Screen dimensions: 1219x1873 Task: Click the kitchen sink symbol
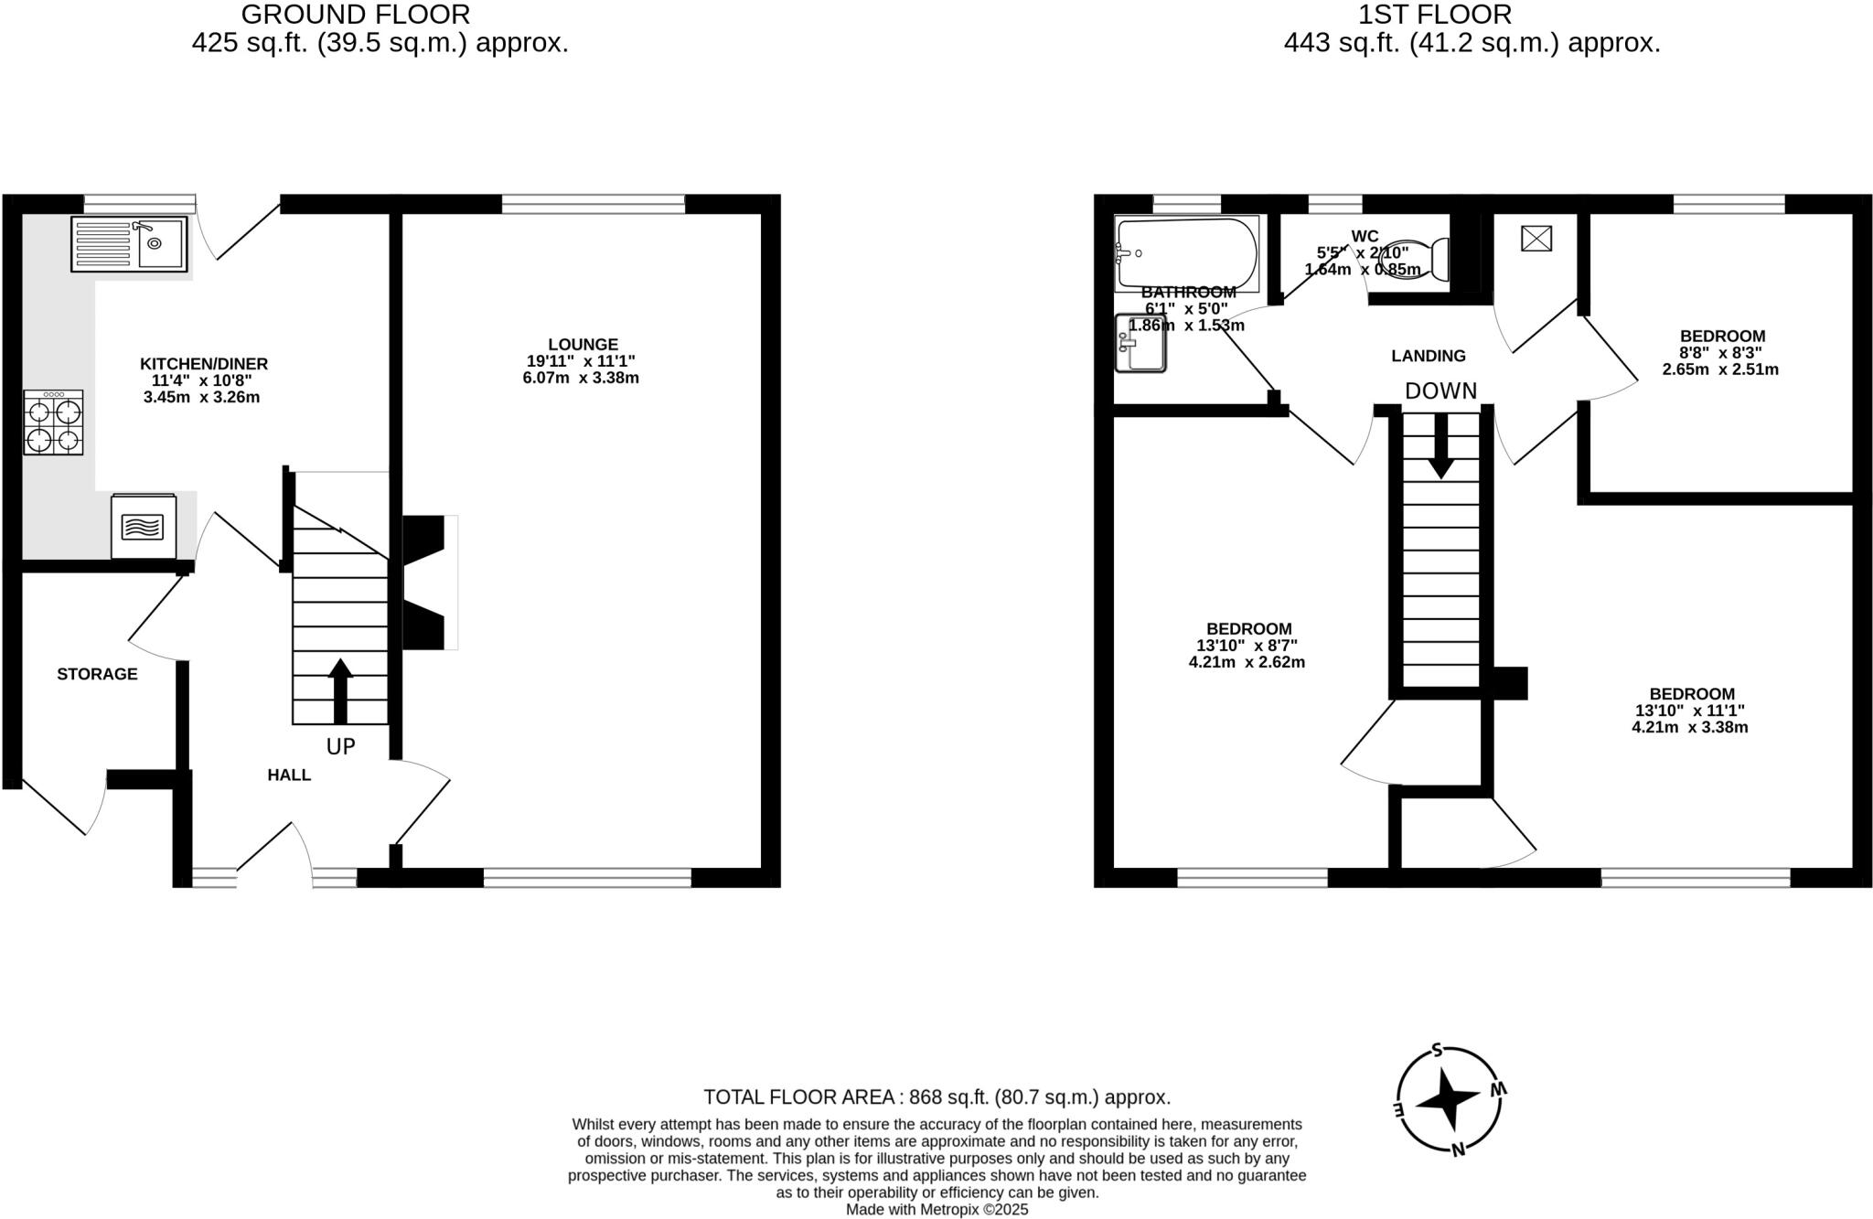(x=129, y=243)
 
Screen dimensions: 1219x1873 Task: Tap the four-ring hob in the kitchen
(x=53, y=422)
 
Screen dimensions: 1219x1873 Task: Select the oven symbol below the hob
(x=143, y=527)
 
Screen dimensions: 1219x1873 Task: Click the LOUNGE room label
(x=583, y=345)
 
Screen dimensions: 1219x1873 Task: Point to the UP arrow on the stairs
(x=340, y=690)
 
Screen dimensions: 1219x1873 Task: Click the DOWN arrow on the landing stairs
(x=1440, y=446)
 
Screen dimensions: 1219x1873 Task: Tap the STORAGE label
(x=97, y=674)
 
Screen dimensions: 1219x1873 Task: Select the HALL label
(x=289, y=775)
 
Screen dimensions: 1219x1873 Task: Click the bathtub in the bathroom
(x=1186, y=252)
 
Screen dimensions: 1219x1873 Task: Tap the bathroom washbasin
(x=1140, y=343)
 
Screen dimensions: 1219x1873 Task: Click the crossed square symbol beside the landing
(x=1536, y=239)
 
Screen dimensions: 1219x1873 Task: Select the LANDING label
(x=1428, y=356)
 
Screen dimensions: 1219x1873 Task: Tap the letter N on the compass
(x=1459, y=1150)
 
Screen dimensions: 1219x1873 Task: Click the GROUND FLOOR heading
(x=356, y=15)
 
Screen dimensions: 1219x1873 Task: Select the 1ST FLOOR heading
(x=1435, y=15)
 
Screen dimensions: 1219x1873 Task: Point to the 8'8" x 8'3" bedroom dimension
(x=1722, y=353)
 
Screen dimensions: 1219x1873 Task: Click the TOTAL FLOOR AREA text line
(x=936, y=1097)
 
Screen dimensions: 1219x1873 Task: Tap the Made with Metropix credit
(x=936, y=1210)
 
